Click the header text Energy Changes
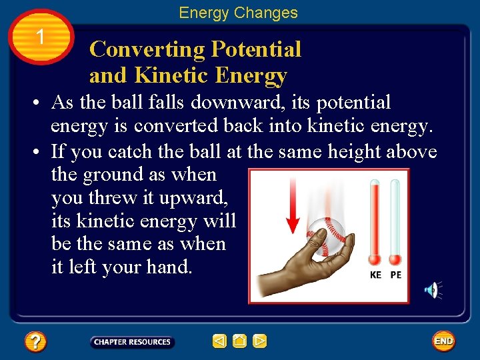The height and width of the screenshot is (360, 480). [x=238, y=13]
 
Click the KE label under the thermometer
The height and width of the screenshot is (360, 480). [x=376, y=275]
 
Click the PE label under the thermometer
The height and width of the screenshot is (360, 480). [x=395, y=275]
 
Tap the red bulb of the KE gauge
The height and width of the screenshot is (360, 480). [x=375, y=259]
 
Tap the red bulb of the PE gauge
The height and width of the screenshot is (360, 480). [x=395, y=259]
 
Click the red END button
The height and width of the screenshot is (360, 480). [x=443, y=341]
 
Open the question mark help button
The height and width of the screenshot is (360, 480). [x=35, y=342]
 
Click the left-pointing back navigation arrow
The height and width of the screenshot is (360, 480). [x=219, y=341]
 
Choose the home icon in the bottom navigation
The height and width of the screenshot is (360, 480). [x=239, y=341]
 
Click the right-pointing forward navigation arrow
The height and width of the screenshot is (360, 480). [x=260, y=341]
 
